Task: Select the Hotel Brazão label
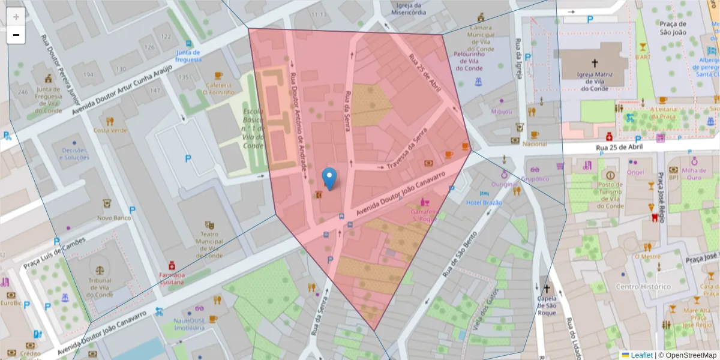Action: point(484,203)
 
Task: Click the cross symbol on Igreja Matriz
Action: point(595,62)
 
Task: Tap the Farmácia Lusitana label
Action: point(172,278)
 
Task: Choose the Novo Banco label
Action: point(114,218)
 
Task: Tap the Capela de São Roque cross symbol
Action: point(547,289)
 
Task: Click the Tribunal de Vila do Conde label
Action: point(100,287)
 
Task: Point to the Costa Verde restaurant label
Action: point(110,130)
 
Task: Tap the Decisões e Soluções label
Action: point(74,154)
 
